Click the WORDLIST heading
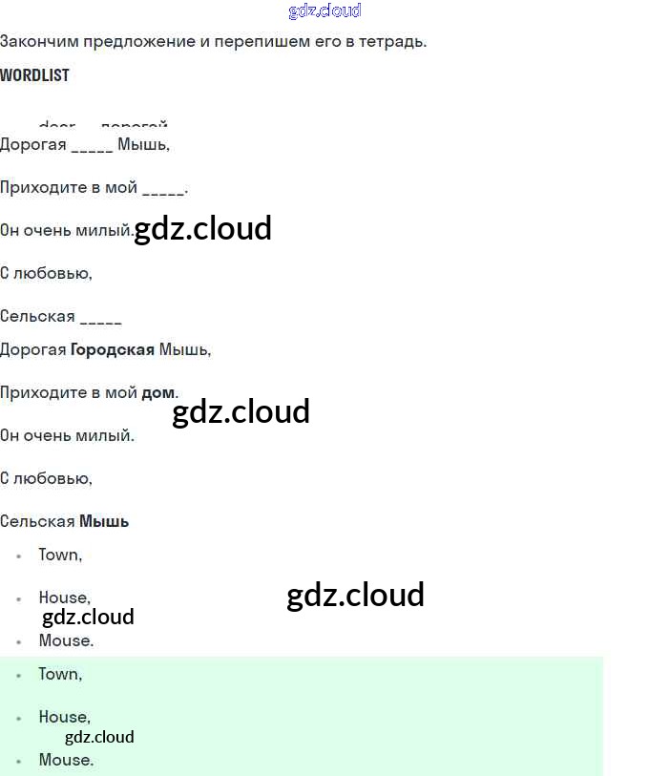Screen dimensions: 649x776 click(34, 75)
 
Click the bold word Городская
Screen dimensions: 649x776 click(113, 350)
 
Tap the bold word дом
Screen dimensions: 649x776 click(158, 393)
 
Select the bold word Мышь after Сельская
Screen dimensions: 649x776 click(104, 522)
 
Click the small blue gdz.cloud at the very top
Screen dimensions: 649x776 click(324, 11)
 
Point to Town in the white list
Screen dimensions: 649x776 click(59, 555)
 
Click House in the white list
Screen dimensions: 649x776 click(63, 598)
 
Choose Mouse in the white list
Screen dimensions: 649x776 click(65, 640)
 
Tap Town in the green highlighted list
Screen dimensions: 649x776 click(59, 674)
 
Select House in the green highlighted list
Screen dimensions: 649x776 click(63, 717)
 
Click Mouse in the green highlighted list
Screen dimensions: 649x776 click(65, 760)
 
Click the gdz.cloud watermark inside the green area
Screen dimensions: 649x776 click(99, 737)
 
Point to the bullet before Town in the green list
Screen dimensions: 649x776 click(18, 675)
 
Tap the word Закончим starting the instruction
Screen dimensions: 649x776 click(36, 42)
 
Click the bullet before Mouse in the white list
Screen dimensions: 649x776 click(18, 641)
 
